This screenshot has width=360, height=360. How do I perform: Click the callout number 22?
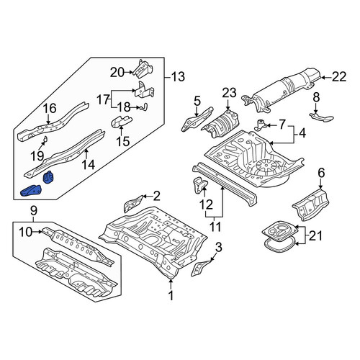click(339, 77)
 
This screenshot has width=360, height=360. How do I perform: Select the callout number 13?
click(178, 77)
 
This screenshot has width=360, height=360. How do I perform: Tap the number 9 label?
click(34, 211)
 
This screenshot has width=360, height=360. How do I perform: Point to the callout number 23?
click(229, 93)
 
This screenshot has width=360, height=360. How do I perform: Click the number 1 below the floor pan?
click(171, 295)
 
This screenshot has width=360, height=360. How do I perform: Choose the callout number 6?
click(321, 173)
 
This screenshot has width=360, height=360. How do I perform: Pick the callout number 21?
click(315, 236)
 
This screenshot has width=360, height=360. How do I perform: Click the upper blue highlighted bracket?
click(48, 177)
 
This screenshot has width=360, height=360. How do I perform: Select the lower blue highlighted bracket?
click(32, 191)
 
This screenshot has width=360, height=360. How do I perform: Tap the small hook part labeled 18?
click(145, 107)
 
